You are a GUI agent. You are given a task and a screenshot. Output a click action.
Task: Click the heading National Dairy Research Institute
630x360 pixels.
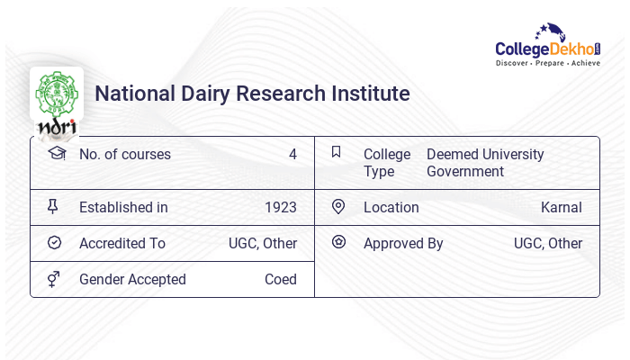tap(252, 94)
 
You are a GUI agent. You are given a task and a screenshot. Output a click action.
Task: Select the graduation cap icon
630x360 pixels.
tap(56, 153)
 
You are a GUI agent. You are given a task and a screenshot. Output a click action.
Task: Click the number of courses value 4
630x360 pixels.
tap(292, 154)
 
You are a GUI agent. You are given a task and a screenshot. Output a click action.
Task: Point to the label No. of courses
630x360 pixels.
tap(125, 154)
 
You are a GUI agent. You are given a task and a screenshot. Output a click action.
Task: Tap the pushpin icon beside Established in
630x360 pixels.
tap(53, 207)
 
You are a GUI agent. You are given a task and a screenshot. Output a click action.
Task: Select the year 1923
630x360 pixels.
tap(280, 208)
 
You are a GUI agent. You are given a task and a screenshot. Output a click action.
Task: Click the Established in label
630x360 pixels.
tap(123, 208)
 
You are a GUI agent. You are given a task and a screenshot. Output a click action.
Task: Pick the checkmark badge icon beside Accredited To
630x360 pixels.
tap(54, 243)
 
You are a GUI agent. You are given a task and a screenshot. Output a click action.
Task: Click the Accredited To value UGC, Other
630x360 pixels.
tap(263, 244)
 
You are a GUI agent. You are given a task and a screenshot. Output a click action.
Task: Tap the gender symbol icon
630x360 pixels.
tap(53, 279)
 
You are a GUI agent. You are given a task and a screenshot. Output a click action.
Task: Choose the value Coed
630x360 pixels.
tap(280, 280)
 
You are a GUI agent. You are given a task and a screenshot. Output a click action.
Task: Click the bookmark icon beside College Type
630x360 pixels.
tap(337, 152)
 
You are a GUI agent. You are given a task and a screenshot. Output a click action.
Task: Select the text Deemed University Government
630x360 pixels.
tap(485, 163)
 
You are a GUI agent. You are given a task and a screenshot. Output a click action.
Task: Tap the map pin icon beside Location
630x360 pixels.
tap(338, 207)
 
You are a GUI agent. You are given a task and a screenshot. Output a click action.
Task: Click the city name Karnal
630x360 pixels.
tap(561, 208)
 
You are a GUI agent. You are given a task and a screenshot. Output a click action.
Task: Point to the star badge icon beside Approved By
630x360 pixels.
tap(338, 242)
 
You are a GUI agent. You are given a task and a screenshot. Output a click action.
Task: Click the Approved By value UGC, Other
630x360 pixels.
tap(548, 244)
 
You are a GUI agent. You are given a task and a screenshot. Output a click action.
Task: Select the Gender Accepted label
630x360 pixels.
tap(132, 280)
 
